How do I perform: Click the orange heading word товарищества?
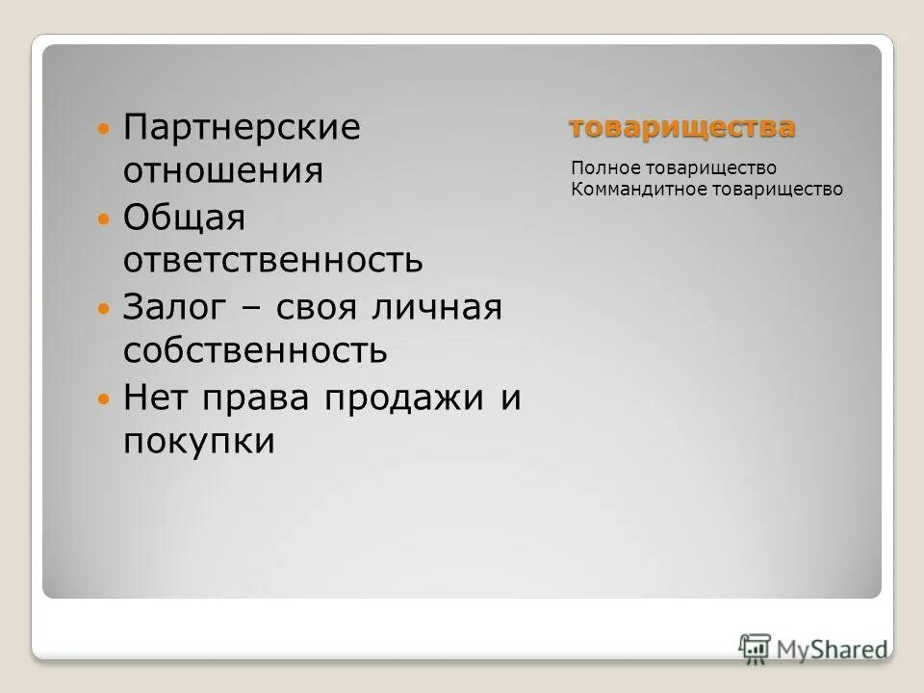point(681,127)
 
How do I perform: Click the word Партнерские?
point(241,128)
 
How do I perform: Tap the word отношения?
point(222,171)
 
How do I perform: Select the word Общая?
point(185,218)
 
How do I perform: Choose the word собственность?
point(255,351)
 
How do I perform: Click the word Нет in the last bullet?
point(153,398)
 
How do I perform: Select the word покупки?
point(199,442)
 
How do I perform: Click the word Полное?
point(603,169)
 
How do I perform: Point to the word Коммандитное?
point(638,190)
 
